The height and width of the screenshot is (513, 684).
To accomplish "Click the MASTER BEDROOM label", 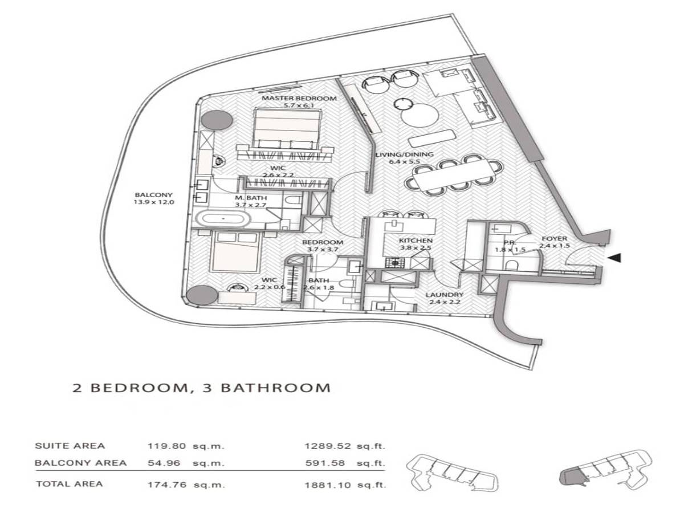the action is pyautogui.click(x=299, y=99).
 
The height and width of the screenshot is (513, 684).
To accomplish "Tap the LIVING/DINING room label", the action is pyautogui.click(x=404, y=154).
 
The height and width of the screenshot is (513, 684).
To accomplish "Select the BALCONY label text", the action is pyautogui.click(x=153, y=195).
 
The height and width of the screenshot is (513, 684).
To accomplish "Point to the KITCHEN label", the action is pyautogui.click(x=416, y=241).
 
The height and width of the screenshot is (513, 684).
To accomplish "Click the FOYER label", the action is pyautogui.click(x=555, y=239).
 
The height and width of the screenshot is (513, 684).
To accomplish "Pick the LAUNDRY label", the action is pyautogui.click(x=445, y=295).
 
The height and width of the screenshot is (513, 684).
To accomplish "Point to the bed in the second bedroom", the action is pyautogui.click(x=235, y=253).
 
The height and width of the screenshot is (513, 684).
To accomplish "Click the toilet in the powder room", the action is pyautogui.click(x=511, y=265).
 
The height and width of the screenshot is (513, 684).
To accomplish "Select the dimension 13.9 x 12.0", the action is pyautogui.click(x=154, y=202).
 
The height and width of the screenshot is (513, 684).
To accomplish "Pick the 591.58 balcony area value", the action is pyautogui.click(x=325, y=463).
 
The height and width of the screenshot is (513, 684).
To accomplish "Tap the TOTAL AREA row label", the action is pyautogui.click(x=69, y=484).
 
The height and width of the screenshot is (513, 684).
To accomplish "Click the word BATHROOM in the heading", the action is pyautogui.click(x=276, y=388).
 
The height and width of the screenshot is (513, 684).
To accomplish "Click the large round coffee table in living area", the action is pyautogui.click(x=420, y=115).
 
